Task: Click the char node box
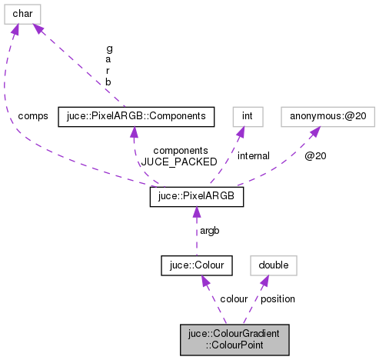22,14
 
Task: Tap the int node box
248,116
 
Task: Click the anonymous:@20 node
317,116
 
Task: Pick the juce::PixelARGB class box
196,197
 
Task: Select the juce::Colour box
196,265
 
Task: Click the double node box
274,265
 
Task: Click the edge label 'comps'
33,116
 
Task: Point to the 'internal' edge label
253,156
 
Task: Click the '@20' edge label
315,156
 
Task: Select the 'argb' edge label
210,232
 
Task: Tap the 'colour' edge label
234,298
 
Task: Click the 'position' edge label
278,298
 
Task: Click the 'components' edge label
181,151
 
